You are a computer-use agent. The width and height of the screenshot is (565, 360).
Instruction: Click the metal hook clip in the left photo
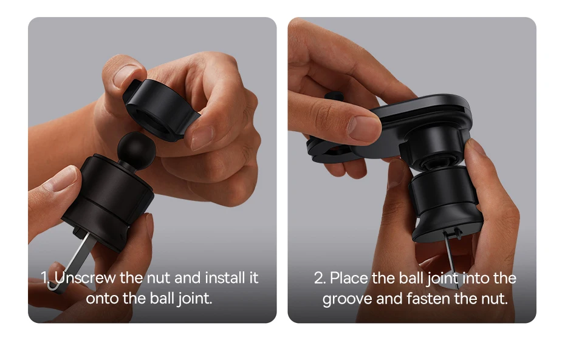(73, 261)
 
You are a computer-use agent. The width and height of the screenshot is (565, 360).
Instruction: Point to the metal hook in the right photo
(452, 255)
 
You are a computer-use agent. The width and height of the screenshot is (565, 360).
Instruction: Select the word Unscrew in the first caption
(86, 277)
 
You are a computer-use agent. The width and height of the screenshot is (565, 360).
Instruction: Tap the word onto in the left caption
(102, 299)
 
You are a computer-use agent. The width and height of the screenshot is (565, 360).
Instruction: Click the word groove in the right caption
(347, 299)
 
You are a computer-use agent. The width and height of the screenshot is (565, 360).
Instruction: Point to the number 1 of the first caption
(44, 277)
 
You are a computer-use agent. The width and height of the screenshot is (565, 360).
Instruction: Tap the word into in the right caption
(476, 278)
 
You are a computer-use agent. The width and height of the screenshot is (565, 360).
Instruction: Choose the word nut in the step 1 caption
(159, 278)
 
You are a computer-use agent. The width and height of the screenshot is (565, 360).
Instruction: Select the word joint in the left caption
(194, 299)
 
